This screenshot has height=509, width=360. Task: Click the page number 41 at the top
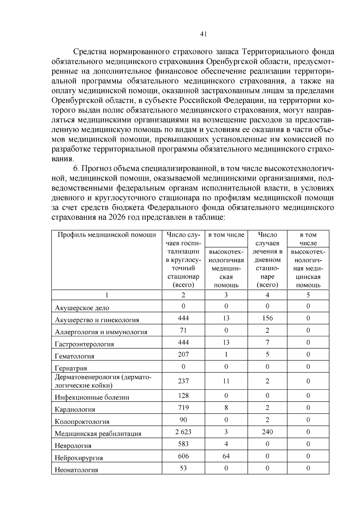coord(203,34)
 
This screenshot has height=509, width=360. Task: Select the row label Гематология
coord(74,356)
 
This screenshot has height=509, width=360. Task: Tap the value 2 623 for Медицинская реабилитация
coord(183,432)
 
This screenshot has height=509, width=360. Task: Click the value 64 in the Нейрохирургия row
coord(226,456)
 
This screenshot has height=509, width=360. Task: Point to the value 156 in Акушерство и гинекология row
coord(267,318)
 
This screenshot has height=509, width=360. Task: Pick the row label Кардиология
coord(75,409)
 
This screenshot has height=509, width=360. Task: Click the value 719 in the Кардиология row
coord(183,407)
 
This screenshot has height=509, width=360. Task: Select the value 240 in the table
coord(267,432)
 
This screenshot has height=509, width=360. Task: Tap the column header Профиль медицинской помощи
coord(106,235)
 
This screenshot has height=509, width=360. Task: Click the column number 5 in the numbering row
coord(308,295)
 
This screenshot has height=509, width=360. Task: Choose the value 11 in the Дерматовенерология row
coord(226,381)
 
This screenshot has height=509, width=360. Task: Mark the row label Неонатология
coord(76,470)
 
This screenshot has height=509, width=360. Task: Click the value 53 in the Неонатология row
coord(183,468)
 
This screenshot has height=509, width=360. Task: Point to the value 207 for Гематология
coord(183,354)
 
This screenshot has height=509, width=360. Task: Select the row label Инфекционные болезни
coord(92,397)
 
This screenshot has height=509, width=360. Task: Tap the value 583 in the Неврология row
coord(183,444)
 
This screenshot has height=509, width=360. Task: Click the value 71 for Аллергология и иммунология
coord(183,330)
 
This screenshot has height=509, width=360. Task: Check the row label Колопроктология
coord(82,422)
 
